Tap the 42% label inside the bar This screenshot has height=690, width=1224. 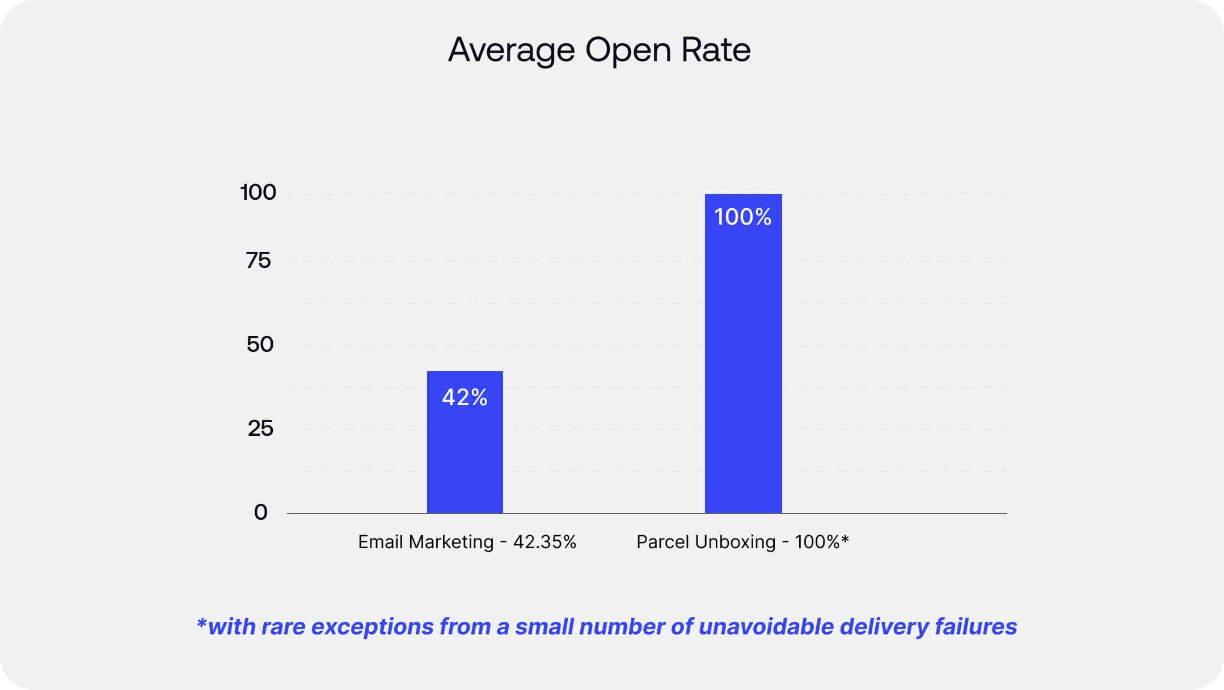point(465,397)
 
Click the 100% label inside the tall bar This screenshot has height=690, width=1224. point(742,217)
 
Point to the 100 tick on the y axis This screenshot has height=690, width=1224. point(258,192)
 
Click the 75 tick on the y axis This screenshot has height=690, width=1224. point(259,260)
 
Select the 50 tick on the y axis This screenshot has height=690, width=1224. point(260,344)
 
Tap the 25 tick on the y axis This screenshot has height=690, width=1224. point(260,428)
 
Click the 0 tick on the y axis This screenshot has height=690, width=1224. point(260,512)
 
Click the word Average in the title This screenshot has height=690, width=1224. point(511,51)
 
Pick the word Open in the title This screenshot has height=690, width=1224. point(628,51)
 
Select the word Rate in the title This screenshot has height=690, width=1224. point(716,49)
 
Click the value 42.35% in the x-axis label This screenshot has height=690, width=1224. point(545,542)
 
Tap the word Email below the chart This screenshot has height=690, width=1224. point(380,542)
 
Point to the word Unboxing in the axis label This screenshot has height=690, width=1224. point(735,542)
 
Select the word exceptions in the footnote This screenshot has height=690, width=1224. point(372,627)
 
